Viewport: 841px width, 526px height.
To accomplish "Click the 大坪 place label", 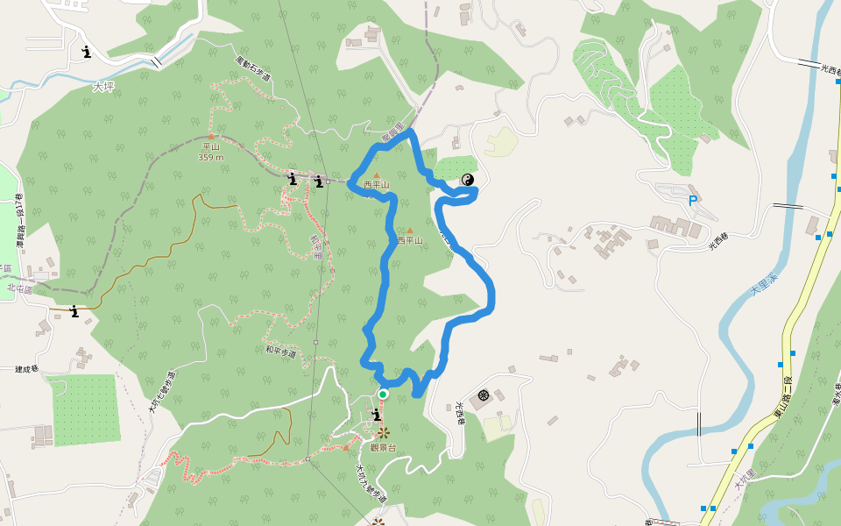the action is [x=103, y=87].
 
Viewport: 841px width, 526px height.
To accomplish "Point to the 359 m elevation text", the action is [x=211, y=157].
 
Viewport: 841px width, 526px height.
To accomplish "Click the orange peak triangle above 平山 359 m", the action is [x=210, y=137].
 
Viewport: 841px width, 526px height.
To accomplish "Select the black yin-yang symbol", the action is [x=468, y=180].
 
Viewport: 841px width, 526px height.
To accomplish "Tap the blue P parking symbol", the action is [x=693, y=201].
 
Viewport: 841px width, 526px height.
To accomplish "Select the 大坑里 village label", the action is [x=744, y=480].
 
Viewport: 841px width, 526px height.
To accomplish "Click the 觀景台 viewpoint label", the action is [x=383, y=447].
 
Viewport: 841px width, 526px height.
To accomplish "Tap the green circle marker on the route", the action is [x=383, y=394].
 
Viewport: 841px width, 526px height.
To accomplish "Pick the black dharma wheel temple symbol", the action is [x=483, y=396].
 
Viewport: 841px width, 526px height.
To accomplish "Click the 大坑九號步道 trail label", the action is [x=371, y=483].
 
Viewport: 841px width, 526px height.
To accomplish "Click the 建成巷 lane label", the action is [x=27, y=369].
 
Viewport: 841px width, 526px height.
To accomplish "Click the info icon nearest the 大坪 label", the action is [x=86, y=52].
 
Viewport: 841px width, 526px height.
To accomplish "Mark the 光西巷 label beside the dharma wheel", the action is [x=459, y=413].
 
